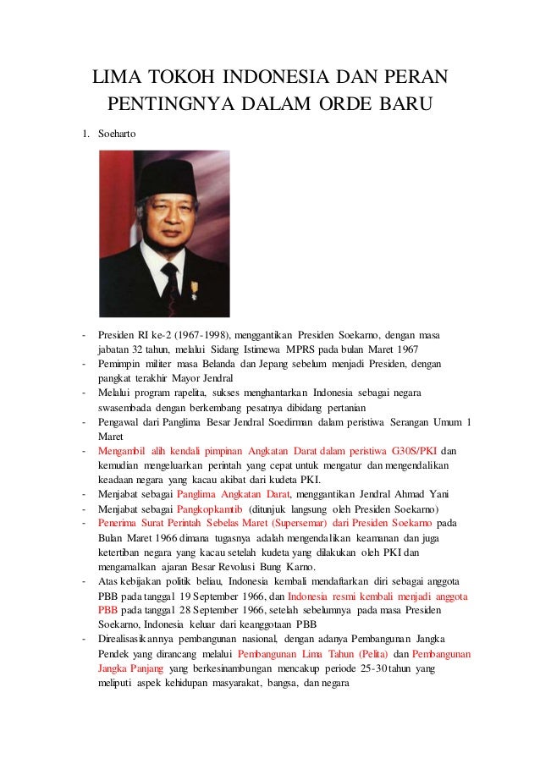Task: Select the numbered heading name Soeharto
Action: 115,134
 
